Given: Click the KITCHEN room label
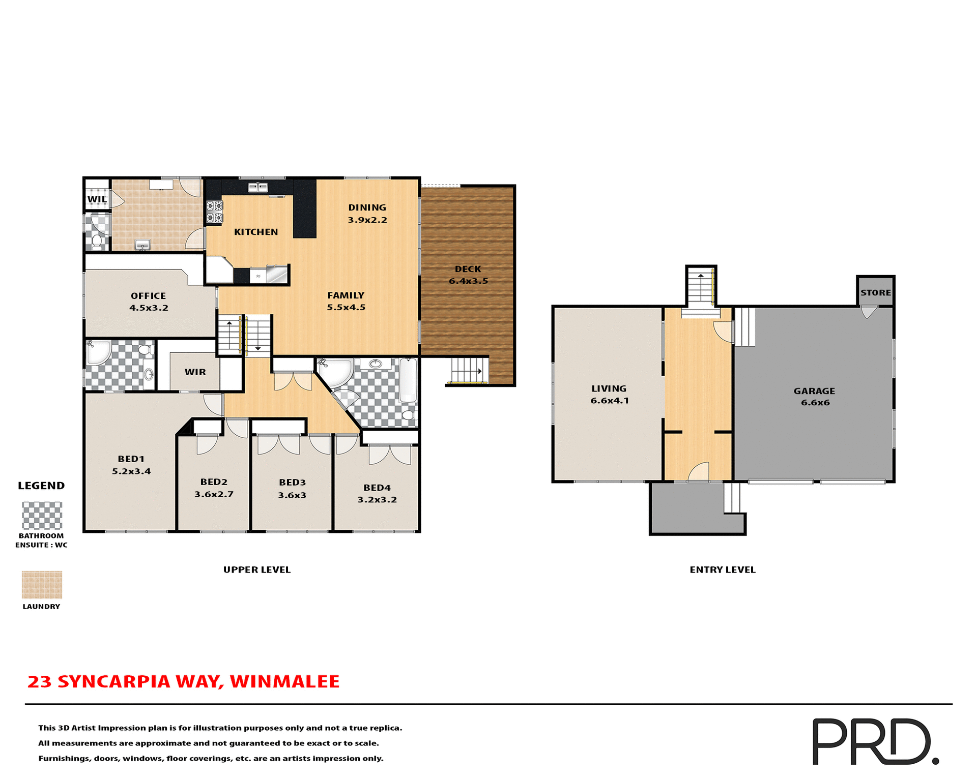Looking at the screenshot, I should pyautogui.click(x=256, y=232).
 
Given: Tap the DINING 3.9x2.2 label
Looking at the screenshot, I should pyautogui.click(x=367, y=214).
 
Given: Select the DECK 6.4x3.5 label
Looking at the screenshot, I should pyautogui.click(x=468, y=275).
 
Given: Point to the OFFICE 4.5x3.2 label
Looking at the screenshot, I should pyautogui.click(x=149, y=302).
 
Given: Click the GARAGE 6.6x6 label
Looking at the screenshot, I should pyautogui.click(x=815, y=397).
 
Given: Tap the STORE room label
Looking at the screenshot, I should pyautogui.click(x=876, y=292).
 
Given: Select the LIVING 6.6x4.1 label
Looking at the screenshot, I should pyautogui.click(x=610, y=394).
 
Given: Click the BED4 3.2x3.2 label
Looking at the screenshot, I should pyautogui.click(x=377, y=493).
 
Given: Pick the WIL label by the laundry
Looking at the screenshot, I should pyautogui.click(x=97, y=199).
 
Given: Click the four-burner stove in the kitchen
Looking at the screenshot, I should pyautogui.click(x=214, y=212).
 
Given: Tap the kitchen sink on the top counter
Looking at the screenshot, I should pyautogui.click(x=258, y=188).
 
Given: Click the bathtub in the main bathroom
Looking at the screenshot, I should pyautogui.click(x=408, y=380).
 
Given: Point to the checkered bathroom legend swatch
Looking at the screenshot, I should pyautogui.click(x=42, y=516).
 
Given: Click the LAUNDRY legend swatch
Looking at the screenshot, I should pyautogui.click(x=42, y=584).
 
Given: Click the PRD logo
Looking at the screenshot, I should pyautogui.click(x=875, y=741).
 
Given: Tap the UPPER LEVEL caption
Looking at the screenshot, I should pyautogui.click(x=257, y=569).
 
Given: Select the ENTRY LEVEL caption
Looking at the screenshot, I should pyautogui.click(x=723, y=569).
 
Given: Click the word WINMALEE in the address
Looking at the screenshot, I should pyautogui.click(x=284, y=681).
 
